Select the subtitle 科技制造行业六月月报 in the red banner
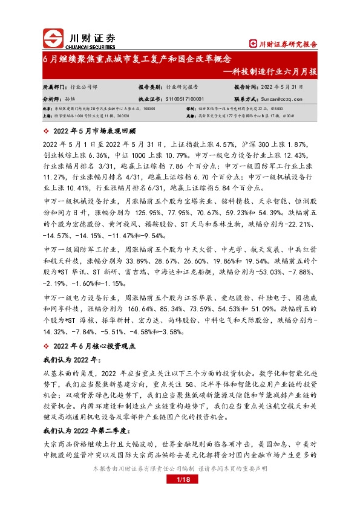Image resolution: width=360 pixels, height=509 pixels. (277, 71)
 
